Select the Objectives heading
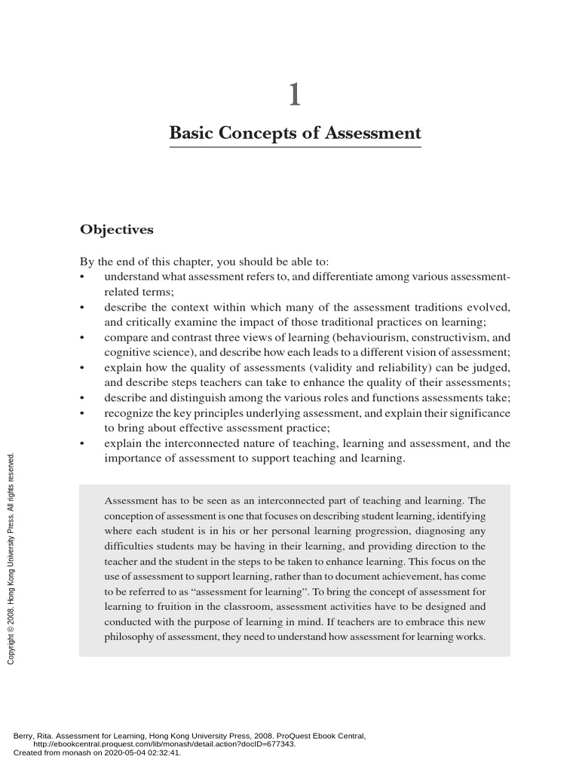[x=117, y=229]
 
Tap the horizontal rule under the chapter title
[x=295, y=148]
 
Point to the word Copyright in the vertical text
[x=11, y=645]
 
